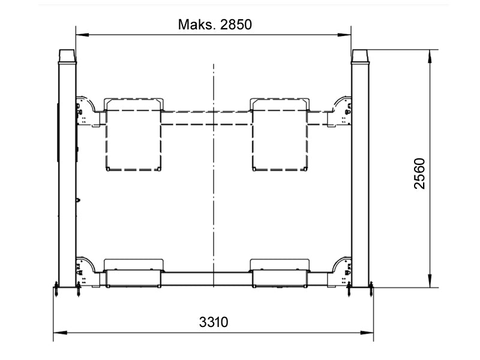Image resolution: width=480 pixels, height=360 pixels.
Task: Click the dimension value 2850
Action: [x=236, y=25]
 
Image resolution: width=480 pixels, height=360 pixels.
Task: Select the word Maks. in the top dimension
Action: [x=197, y=25]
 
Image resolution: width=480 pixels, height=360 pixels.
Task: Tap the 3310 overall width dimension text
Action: [x=214, y=322]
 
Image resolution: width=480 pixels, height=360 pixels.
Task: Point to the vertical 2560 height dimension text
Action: [x=419, y=173]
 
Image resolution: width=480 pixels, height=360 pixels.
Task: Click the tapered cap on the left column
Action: [x=67, y=56]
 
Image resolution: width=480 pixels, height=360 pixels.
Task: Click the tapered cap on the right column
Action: [x=361, y=56]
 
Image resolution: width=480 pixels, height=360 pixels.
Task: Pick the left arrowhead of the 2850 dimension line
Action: [x=82, y=35]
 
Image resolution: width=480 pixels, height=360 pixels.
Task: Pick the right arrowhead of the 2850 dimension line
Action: [x=344, y=35]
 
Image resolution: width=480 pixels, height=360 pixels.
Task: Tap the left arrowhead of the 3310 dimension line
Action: [x=60, y=333]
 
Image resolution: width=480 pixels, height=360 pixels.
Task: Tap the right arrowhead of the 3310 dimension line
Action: [x=367, y=333]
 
